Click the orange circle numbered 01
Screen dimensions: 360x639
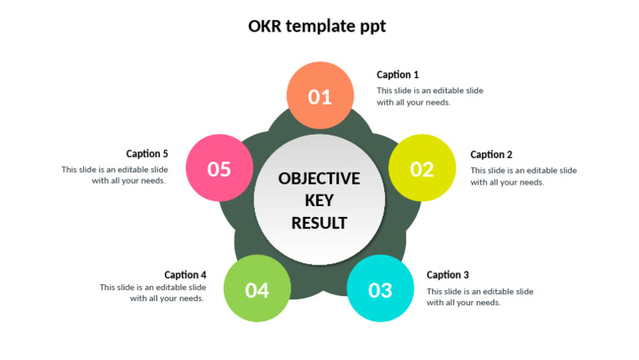pyautogui.click(x=320, y=96)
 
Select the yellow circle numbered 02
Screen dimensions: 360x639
pyautogui.click(x=422, y=169)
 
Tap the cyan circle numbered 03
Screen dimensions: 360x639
pyautogui.click(x=380, y=289)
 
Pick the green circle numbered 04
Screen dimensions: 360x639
pyautogui.click(x=257, y=289)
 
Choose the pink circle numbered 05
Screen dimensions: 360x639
pyautogui.click(x=219, y=169)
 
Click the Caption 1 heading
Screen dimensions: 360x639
pyautogui.click(x=398, y=75)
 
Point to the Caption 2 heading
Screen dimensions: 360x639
pyautogui.click(x=492, y=155)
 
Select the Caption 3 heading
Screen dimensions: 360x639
pyautogui.click(x=448, y=275)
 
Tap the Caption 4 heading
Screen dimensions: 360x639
pyautogui.click(x=186, y=275)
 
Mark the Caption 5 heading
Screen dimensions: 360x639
pyautogui.click(x=147, y=154)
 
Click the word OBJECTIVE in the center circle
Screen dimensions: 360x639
pyautogui.click(x=319, y=179)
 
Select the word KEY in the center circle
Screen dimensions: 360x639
pyautogui.click(x=319, y=200)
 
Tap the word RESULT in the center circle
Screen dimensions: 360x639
pyautogui.click(x=319, y=223)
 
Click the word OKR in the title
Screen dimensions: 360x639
pyautogui.click(x=265, y=26)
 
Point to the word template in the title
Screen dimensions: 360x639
pyautogui.click(x=319, y=27)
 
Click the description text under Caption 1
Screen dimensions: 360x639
pyautogui.click(x=429, y=96)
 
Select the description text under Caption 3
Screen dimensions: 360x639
pyautogui.click(x=479, y=297)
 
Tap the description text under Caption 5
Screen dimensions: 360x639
pyautogui.click(x=115, y=175)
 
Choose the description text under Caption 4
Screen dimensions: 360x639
pyautogui.click(x=153, y=293)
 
